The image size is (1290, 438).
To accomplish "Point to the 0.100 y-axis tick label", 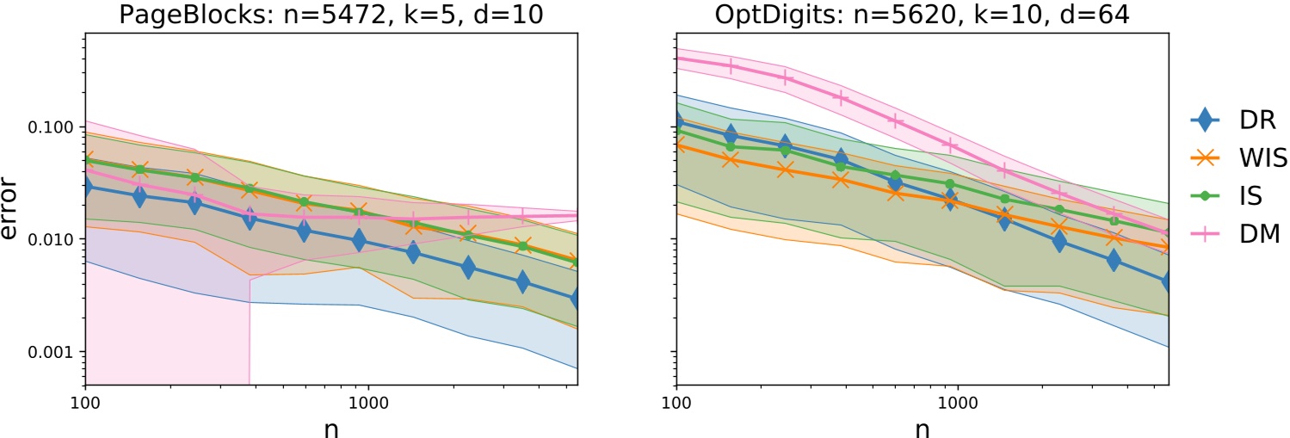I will (x=52, y=127).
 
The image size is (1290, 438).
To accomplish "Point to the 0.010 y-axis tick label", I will (x=52, y=239).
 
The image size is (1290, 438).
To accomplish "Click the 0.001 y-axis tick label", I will (x=52, y=352).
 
